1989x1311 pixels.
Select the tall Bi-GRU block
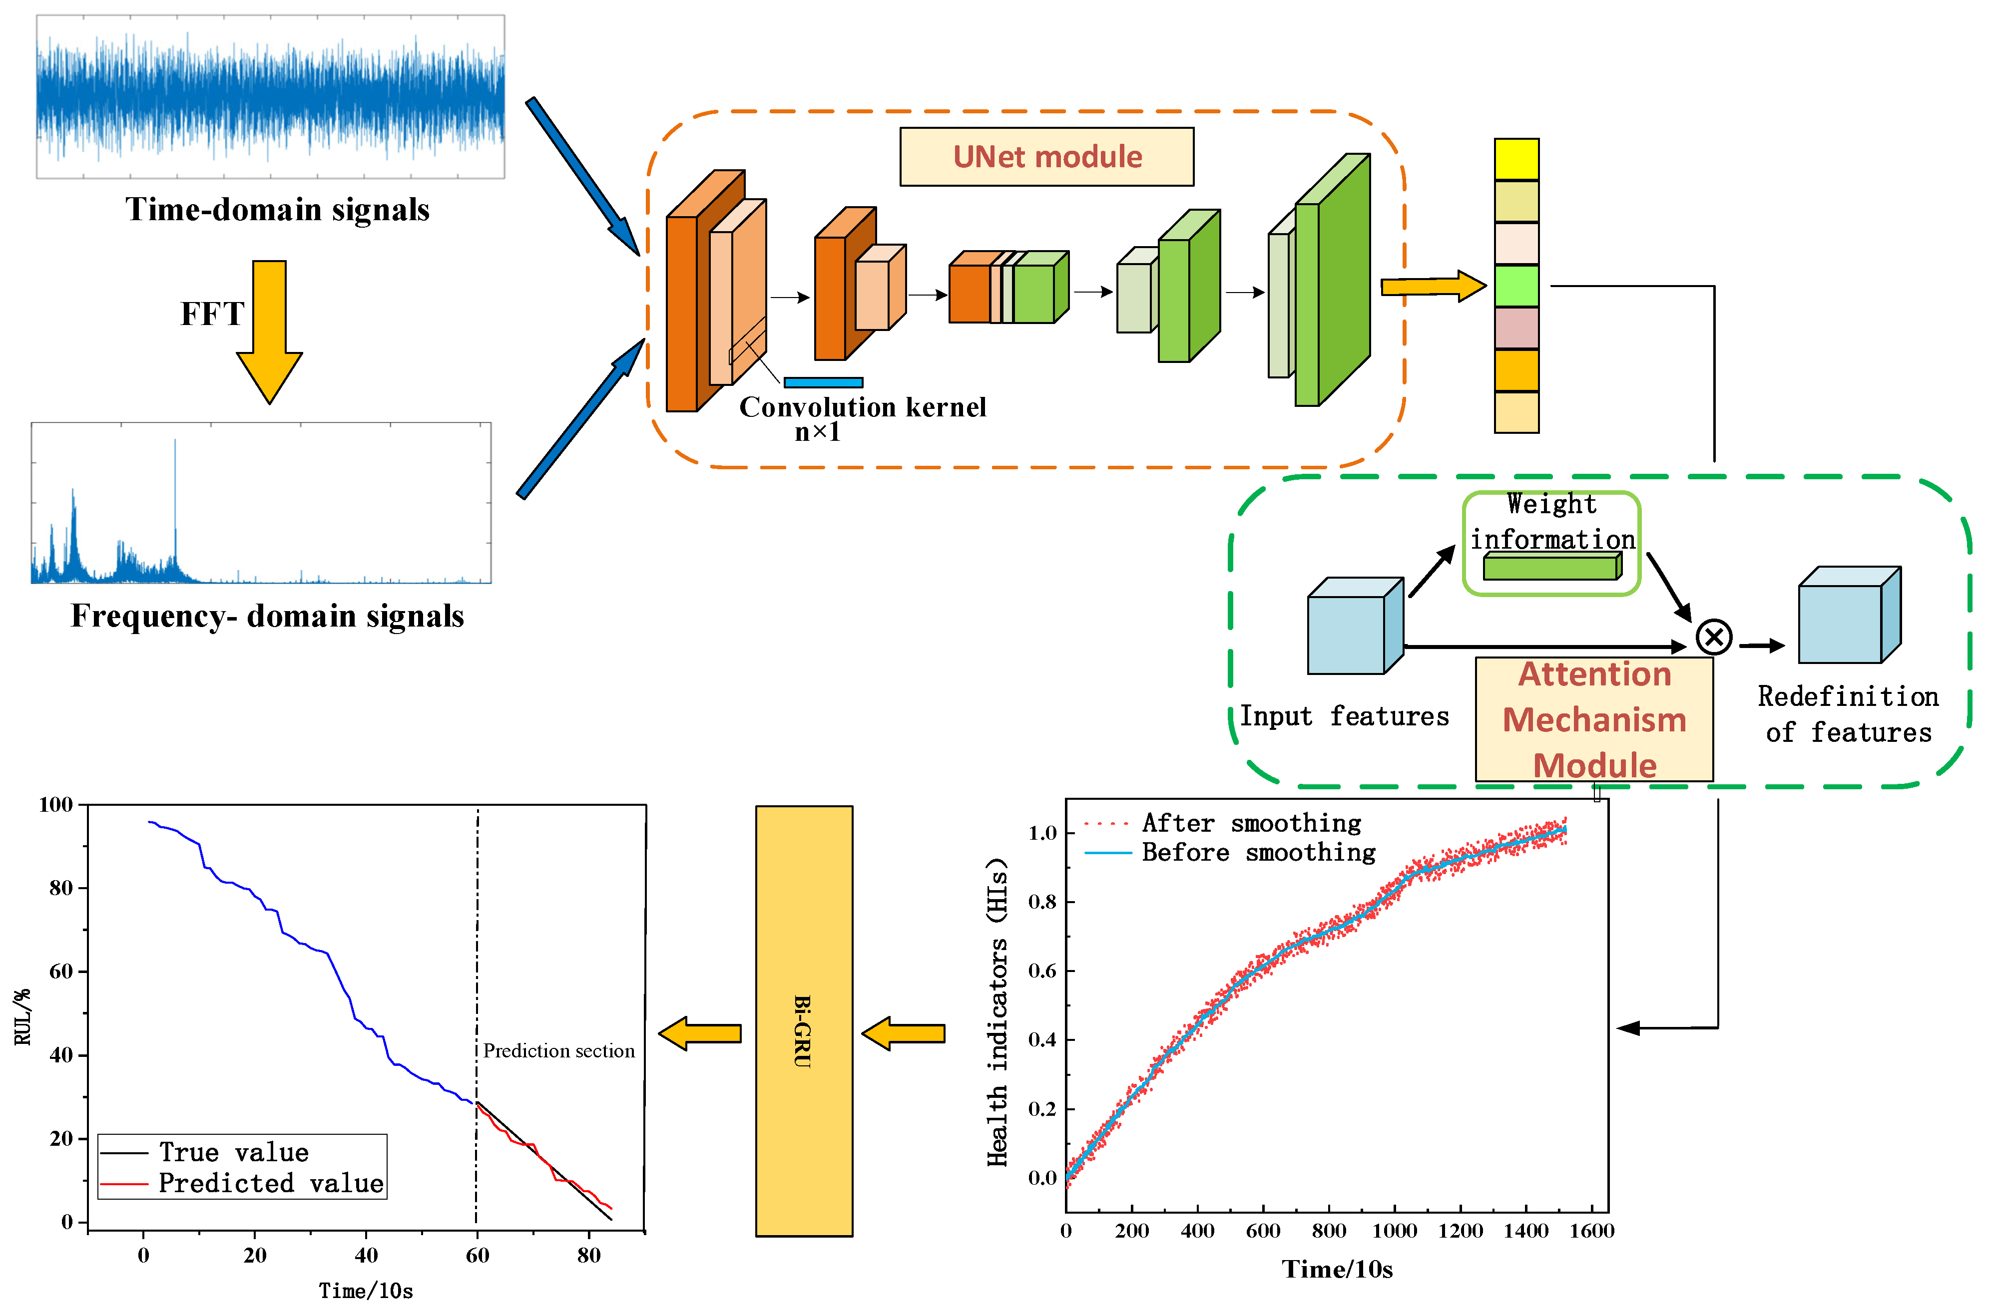tap(803, 1020)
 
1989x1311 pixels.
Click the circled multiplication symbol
tap(1713, 637)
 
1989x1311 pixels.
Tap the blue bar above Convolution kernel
tap(823, 382)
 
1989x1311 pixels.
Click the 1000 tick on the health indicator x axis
tap(1394, 1231)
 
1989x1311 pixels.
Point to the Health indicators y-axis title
tap(997, 1011)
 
